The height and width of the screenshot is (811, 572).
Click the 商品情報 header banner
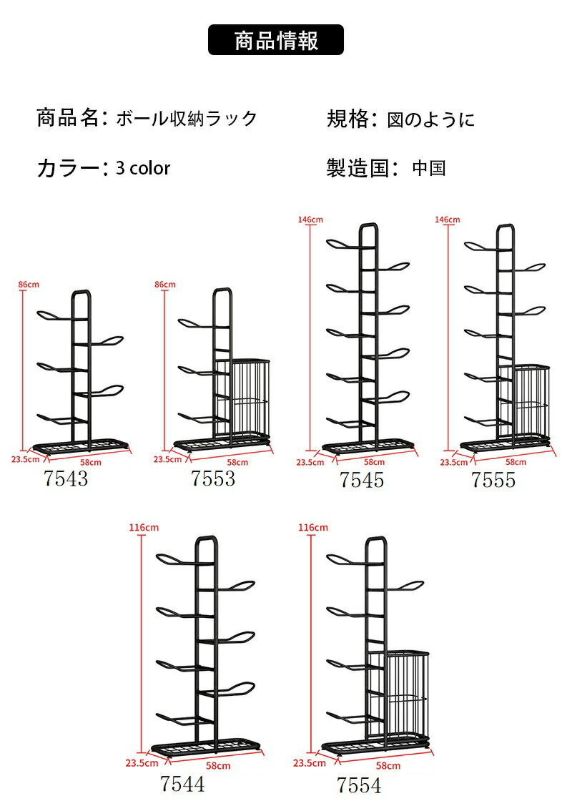point(276,40)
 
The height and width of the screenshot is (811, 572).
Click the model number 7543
point(66,478)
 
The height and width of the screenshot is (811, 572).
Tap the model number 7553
point(213,478)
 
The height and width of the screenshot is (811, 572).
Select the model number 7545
point(362,480)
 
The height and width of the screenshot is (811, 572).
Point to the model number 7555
point(493,480)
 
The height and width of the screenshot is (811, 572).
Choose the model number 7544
point(182,784)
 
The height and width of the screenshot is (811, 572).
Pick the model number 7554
point(359,785)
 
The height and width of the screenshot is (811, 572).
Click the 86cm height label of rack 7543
point(29,285)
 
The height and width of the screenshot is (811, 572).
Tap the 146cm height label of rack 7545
point(310,220)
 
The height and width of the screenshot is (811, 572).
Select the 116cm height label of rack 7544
point(144,528)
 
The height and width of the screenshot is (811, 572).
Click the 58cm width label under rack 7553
point(237,463)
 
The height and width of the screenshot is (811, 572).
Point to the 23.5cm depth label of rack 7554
point(310,763)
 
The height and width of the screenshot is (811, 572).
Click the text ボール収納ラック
point(186,119)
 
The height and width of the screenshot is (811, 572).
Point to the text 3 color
point(143,168)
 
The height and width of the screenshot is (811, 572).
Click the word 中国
point(429,168)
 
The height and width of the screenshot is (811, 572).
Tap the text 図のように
point(431,119)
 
